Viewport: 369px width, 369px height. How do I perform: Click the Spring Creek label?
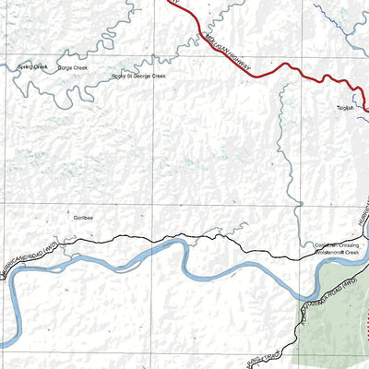point(32,67)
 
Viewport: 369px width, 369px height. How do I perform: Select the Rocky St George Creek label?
point(138,77)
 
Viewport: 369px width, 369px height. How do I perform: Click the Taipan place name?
point(346,108)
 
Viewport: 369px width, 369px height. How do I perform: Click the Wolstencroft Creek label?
point(337,252)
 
